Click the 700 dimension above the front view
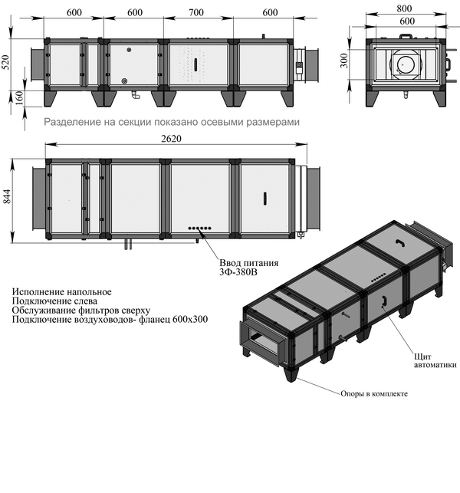197,12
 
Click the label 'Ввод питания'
245,260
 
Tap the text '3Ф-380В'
238,270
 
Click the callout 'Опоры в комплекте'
373,393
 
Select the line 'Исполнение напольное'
62,292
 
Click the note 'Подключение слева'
52,301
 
